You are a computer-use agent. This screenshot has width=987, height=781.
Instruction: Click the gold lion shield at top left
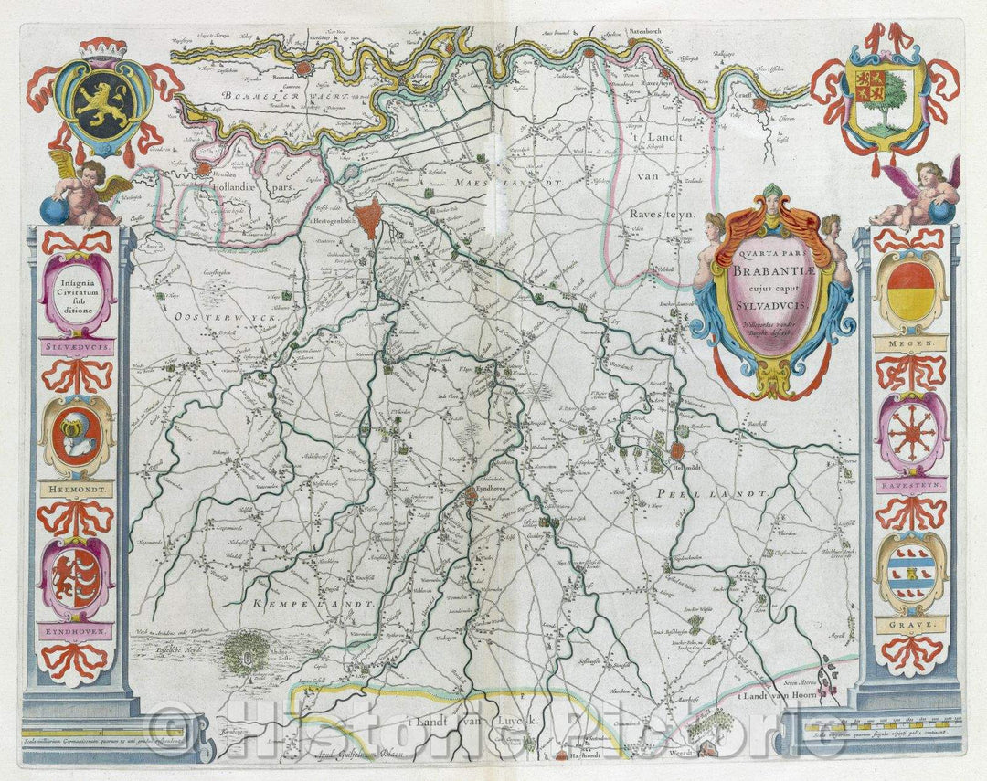point(102,100)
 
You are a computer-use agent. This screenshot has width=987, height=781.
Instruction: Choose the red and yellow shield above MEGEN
point(909,290)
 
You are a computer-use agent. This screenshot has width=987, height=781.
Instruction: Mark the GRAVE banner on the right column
point(909,626)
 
